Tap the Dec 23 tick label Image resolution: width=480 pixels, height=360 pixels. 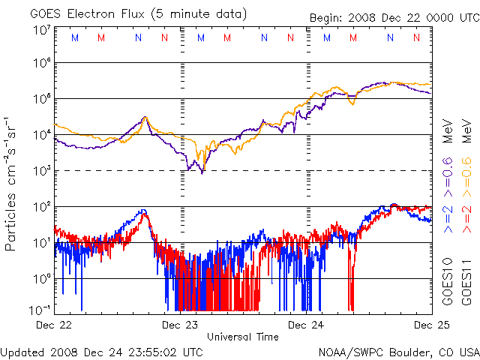coord(179,325)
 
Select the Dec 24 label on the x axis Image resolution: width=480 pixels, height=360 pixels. coord(306,325)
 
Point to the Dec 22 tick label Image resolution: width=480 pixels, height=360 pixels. coord(55,325)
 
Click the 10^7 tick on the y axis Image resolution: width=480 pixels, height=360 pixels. coord(41,30)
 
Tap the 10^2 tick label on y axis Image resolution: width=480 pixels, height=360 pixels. coord(41,206)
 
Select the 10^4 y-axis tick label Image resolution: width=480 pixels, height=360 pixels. coord(41,135)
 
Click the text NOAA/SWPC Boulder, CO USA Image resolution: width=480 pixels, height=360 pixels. coord(398,351)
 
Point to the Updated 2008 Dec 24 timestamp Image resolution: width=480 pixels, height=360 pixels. coord(102,351)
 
